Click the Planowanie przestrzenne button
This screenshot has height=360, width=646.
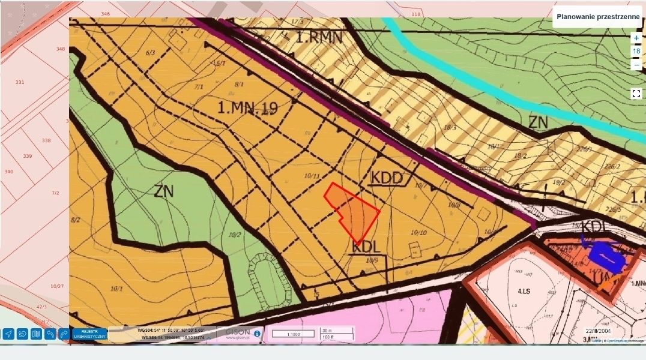[x=597, y=17]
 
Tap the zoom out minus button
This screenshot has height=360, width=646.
[x=636, y=65]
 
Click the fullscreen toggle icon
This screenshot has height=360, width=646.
[x=636, y=94]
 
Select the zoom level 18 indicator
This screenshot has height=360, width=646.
[x=636, y=51]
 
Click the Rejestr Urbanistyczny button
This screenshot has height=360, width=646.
[x=89, y=334]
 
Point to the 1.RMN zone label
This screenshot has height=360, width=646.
[x=319, y=38]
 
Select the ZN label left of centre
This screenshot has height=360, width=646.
[x=163, y=191]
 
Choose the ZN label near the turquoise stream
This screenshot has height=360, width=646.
[x=539, y=123]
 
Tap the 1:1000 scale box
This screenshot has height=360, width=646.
[x=293, y=334]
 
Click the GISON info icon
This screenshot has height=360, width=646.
[x=257, y=334]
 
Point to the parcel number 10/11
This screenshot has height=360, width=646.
[x=312, y=176]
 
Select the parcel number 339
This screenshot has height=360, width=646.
[x=27, y=156]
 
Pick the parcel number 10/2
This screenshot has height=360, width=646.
[x=235, y=234]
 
